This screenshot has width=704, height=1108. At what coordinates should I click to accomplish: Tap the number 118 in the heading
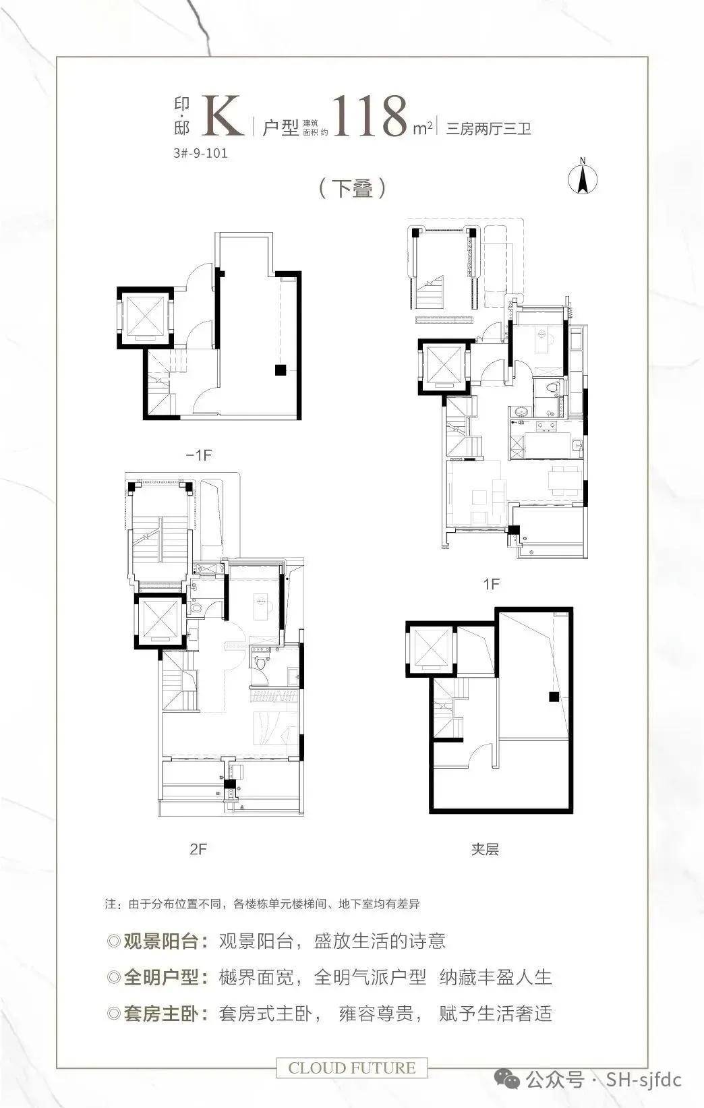pos(370,116)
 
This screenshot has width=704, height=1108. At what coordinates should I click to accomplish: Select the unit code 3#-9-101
pos(201,153)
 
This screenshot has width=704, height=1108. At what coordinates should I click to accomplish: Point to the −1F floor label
pos(199,455)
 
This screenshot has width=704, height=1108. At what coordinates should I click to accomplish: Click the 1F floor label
pos(492,584)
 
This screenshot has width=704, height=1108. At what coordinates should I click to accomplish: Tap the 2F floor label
pos(198,849)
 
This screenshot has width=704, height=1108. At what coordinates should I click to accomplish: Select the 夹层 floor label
pos(485,849)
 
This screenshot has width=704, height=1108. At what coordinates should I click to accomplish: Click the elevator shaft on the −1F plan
pos(146,318)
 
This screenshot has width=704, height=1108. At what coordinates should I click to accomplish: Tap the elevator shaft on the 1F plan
pos(444,366)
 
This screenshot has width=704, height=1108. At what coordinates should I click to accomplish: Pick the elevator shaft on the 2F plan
pos(160,621)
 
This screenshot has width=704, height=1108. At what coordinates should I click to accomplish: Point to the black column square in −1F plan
pos(281,370)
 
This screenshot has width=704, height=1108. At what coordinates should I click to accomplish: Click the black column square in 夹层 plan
pos(554,697)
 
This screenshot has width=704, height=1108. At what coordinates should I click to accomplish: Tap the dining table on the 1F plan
pos(564,479)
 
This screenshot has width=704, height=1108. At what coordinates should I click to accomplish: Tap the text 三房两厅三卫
pos(488,129)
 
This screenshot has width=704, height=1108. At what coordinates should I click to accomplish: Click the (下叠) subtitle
pos(352,188)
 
